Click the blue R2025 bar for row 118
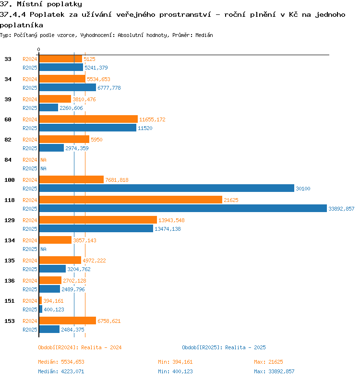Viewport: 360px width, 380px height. click(x=183, y=208)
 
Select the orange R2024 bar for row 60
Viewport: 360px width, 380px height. click(x=88, y=119)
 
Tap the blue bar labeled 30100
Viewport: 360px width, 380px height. click(x=167, y=188)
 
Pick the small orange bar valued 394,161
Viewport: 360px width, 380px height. click(x=40, y=300)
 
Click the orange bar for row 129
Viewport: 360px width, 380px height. click(x=98, y=220)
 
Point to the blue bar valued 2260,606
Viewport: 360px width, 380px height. click(x=49, y=107)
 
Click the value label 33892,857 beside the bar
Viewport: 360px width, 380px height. click(x=341, y=209)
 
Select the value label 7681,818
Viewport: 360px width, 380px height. click(x=117, y=180)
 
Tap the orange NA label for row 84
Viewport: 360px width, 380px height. click(x=43, y=160)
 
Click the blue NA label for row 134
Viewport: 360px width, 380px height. click(x=43, y=249)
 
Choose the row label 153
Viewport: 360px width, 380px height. click(x=10, y=321)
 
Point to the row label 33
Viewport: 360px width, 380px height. click(x=8, y=59)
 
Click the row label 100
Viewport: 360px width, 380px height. click(x=10, y=180)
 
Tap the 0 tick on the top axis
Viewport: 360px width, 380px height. click(x=38, y=49)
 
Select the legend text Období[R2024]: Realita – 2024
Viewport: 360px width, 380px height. click(x=80, y=347)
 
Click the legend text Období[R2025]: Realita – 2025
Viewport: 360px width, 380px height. click(x=224, y=347)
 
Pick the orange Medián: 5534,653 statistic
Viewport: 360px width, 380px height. click(x=61, y=362)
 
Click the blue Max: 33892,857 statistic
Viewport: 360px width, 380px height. click(x=274, y=371)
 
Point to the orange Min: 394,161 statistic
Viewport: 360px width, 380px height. click(x=175, y=362)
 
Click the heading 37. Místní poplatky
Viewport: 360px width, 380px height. click(x=41, y=4)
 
